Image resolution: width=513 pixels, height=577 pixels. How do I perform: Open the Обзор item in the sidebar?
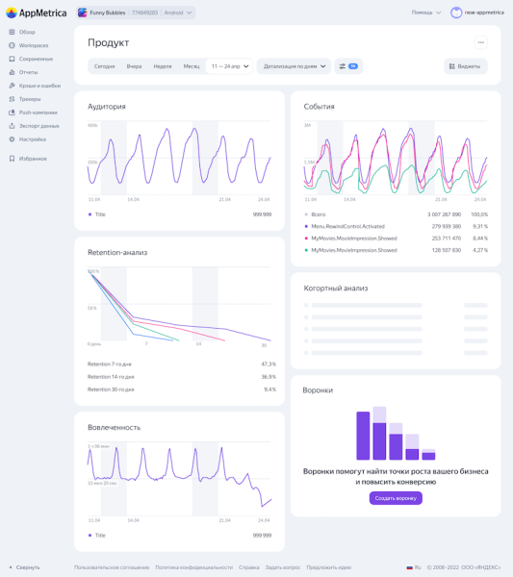coord(26,32)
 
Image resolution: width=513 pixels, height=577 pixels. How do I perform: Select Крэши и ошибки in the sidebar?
coord(38,86)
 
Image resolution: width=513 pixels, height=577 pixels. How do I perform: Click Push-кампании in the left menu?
coord(38,113)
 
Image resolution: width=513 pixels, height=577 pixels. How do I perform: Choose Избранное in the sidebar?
coord(32,159)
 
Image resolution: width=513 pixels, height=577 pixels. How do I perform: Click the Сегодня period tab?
coord(105,66)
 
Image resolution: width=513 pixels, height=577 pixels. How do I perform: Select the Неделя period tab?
coord(163,66)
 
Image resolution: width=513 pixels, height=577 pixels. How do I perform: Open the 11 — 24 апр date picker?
coord(230,66)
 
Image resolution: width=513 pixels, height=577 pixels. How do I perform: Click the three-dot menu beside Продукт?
coord(481,42)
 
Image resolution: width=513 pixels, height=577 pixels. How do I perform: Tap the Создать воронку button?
coord(396,498)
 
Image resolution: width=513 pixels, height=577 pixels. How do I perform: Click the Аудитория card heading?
coord(107,107)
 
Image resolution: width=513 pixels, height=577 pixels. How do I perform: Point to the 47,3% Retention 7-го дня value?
coord(269,364)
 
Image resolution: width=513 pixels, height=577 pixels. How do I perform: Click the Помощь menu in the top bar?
coord(425,13)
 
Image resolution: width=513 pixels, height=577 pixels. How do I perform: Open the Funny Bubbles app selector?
coord(135,13)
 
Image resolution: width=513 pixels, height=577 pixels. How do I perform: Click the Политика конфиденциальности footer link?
coord(193,567)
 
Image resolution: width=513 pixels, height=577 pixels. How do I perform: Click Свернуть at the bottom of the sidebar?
coord(27,567)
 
